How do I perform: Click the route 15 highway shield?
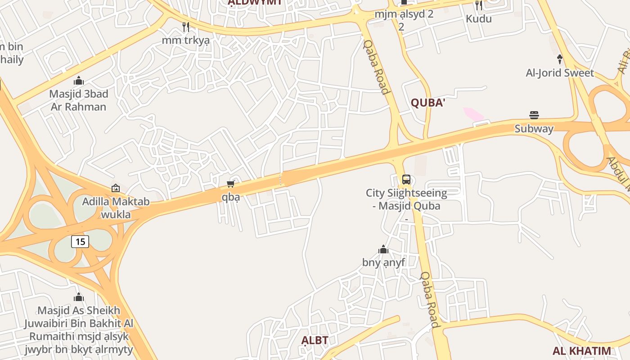80,242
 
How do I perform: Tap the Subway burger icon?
534,115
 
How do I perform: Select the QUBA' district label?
428,103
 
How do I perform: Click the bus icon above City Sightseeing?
406,180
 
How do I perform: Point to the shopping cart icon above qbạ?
231,184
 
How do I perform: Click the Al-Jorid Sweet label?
560,73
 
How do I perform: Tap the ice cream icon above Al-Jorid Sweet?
560,58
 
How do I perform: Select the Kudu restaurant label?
479,19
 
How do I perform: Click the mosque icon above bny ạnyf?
383,249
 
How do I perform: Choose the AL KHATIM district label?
582,351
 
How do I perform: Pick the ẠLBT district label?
315,340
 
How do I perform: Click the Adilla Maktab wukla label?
116,208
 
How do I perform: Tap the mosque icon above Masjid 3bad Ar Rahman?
79,81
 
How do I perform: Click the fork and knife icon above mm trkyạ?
186,27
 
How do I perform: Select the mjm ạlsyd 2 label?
404,14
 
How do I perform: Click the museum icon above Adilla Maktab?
116,188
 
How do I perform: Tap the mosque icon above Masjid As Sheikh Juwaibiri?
79,297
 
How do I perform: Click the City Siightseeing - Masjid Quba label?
406,199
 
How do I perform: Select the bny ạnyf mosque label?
383,262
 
